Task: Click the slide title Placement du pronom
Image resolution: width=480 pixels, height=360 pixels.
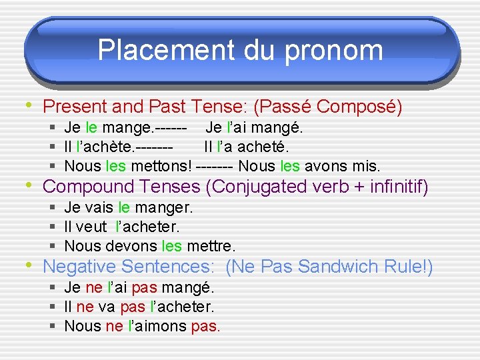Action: (240, 50)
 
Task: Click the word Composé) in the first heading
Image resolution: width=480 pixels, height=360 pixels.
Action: (359, 107)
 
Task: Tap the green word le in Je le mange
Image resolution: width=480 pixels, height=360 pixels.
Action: (91, 127)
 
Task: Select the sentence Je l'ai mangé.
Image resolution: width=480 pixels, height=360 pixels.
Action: (254, 127)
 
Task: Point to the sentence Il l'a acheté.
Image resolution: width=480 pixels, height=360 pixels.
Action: (246, 146)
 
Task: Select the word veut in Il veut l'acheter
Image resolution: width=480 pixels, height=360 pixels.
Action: (93, 227)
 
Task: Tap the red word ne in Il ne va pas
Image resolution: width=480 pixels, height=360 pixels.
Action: (85, 307)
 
